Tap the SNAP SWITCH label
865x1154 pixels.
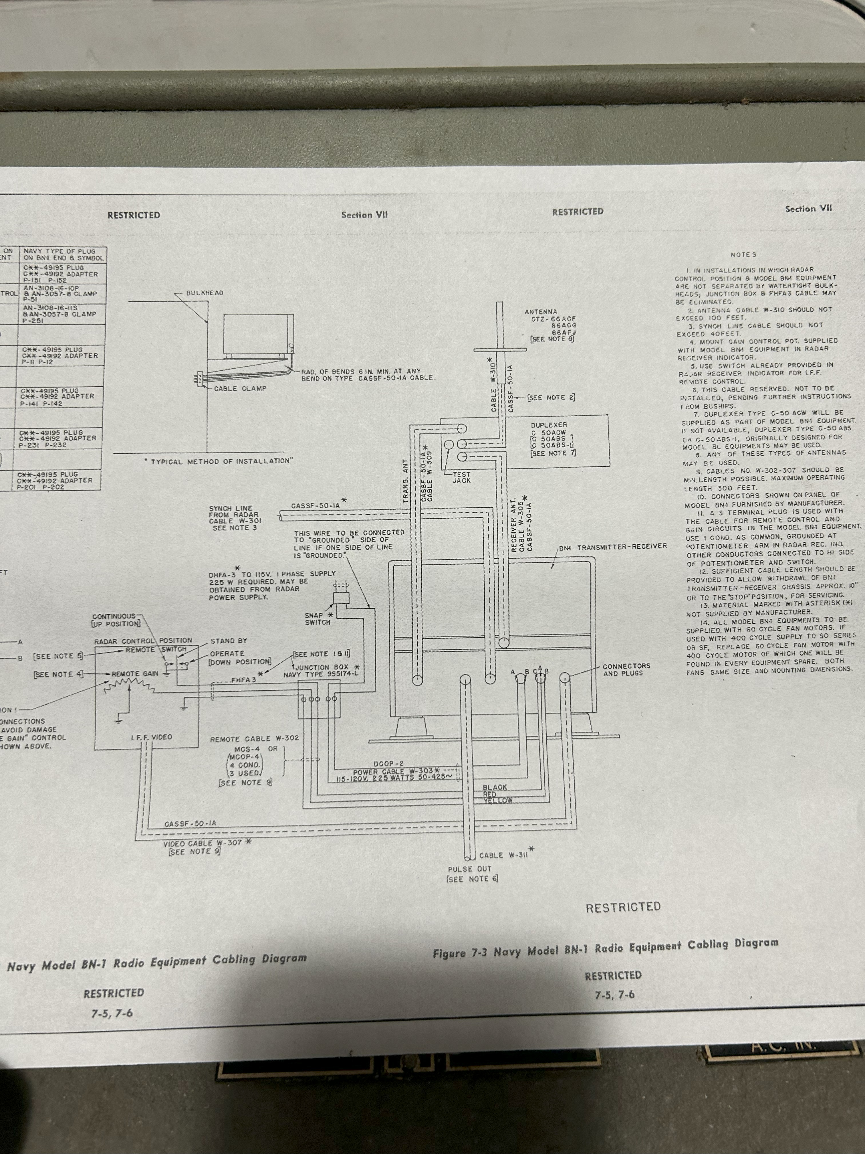pyautogui.click(x=318, y=619)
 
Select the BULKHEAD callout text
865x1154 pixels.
pyautogui.click(x=205, y=293)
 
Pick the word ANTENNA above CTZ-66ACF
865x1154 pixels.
pyautogui.click(x=541, y=312)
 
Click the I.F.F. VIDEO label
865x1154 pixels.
pyautogui.click(x=151, y=737)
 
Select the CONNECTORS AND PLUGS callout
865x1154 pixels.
pyautogui.click(x=626, y=670)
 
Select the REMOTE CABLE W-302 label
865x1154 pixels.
pyautogui.click(x=255, y=739)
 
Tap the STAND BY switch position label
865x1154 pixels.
pyautogui.click(x=228, y=641)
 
